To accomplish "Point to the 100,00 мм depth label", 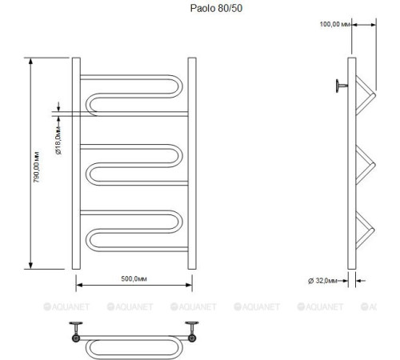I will (335, 24).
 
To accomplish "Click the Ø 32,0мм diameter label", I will (324, 280).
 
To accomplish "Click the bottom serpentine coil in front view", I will (134, 229).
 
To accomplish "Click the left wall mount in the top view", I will (77, 330).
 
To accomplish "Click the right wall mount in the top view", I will (192, 330).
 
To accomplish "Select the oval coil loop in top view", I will (134, 346).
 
